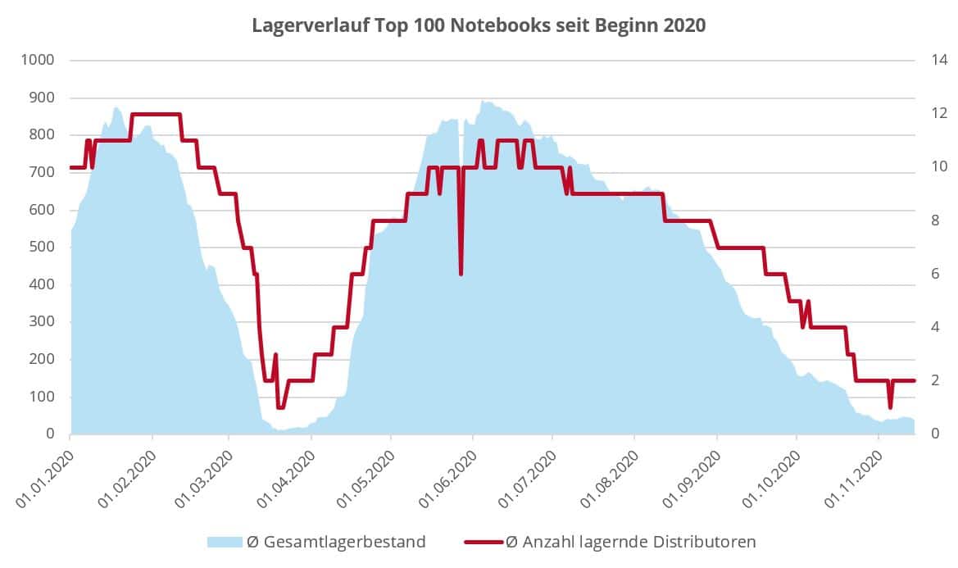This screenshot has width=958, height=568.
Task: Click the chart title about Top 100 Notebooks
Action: (x=478, y=25)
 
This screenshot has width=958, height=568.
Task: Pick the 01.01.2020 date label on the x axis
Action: (x=45, y=479)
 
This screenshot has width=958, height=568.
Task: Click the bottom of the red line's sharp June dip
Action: (x=461, y=274)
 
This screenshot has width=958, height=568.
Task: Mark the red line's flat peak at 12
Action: (x=156, y=114)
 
